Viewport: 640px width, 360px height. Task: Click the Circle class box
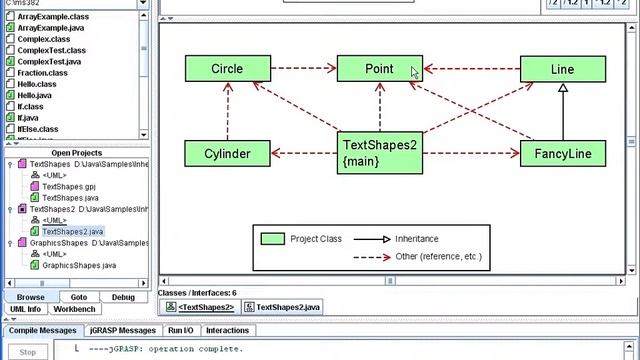point(227,69)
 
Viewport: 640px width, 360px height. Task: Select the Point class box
point(379,69)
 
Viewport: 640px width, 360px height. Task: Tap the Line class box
point(562,69)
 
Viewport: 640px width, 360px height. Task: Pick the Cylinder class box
point(227,153)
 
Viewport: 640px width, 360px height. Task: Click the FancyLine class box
point(562,153)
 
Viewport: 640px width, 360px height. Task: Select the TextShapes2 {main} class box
point(379,153)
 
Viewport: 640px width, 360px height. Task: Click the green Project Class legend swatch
point(273,239)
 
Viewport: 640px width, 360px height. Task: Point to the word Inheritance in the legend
point(416,239)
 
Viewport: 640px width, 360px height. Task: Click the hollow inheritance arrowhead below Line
point(563,88)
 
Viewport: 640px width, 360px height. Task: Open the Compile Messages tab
point(43,330)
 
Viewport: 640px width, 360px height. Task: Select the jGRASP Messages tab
point(123,330)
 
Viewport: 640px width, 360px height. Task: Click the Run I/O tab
point(181,330)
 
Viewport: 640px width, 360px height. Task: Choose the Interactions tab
point(227,330)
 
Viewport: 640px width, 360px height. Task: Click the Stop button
point(28,352)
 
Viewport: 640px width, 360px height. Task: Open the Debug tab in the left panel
point(123,297)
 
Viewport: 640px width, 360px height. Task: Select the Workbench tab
point(74,309)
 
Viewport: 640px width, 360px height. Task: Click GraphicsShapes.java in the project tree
point(78,265)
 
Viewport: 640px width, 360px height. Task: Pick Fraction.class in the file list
point(42,73)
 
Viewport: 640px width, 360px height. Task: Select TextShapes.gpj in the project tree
point(69,186)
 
